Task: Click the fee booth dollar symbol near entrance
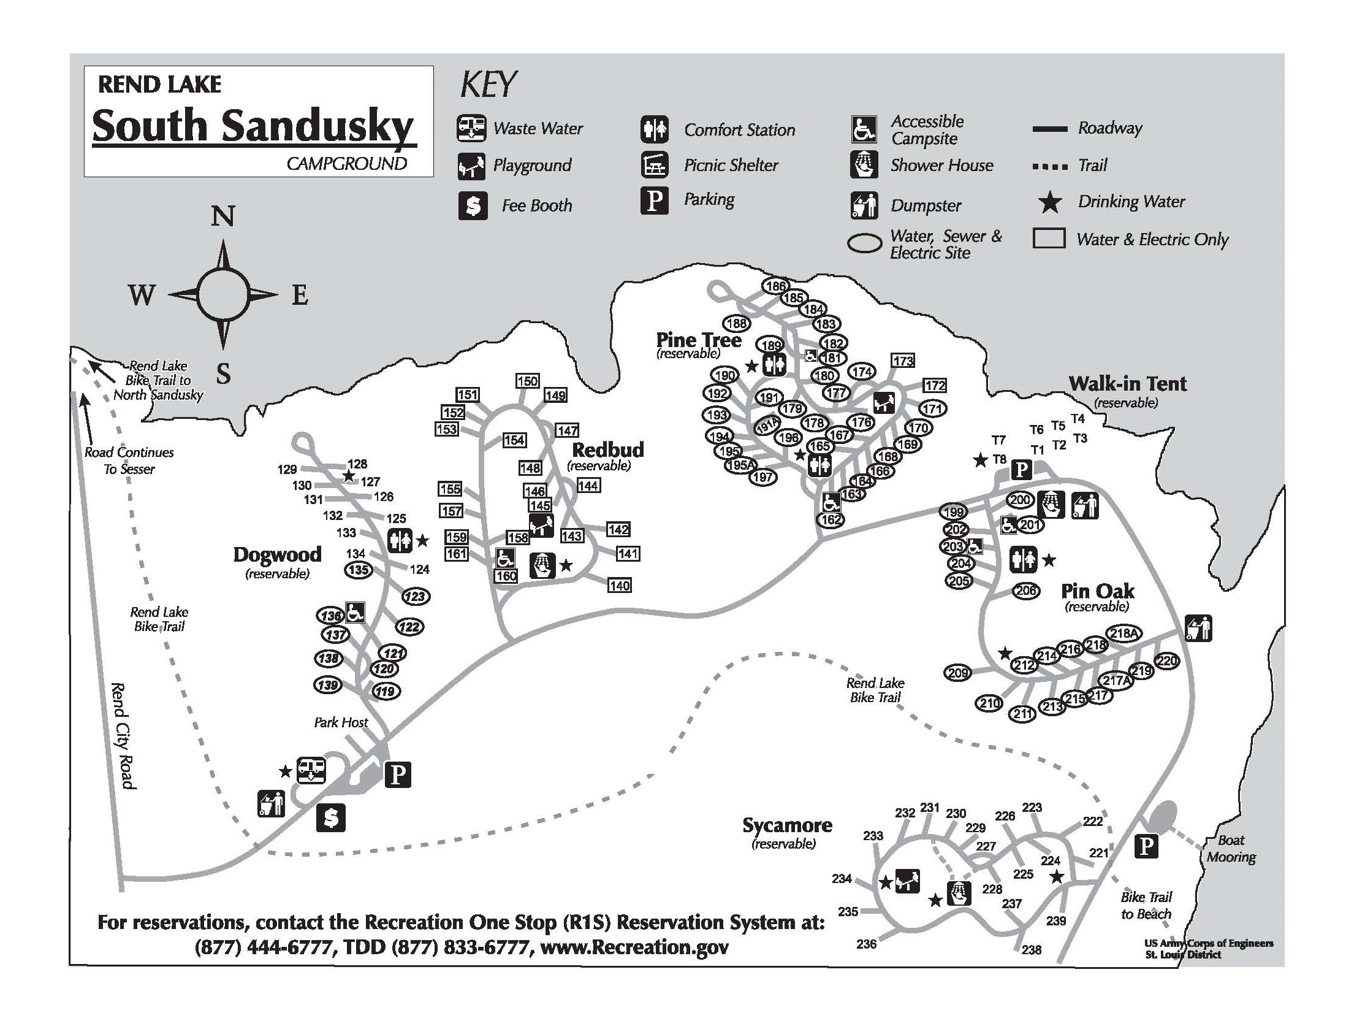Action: pos(330,817)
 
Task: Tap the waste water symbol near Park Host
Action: pos(311,770)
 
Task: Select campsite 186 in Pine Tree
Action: pos(775,286)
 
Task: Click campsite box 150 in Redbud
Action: pos(527,381)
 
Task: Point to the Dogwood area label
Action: pos(277,554)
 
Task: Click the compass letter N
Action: pos(223,216)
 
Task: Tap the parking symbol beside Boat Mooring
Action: pos(1146,847)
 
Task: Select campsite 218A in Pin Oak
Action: pos(1124,633)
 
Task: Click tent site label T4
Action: pos(1078,419)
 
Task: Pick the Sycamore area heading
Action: pos(787,825)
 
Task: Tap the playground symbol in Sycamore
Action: pos(907,882)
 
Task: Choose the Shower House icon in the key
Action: pos(864,164)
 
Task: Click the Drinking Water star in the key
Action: pos(1051,202)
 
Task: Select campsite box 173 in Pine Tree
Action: pos(903,361)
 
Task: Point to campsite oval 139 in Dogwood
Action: pos(328,684)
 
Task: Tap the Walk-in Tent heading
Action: pos(1127,384)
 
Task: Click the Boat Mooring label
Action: pos(1231,849)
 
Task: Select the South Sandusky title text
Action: pos(253,125)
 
